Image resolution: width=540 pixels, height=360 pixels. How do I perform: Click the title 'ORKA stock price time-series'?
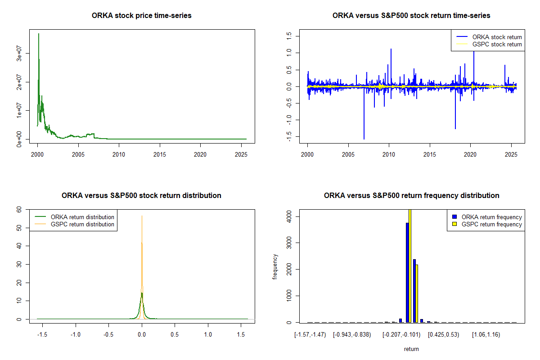tap(142, 16)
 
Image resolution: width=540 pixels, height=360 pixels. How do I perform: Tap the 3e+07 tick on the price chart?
tap(20, 53)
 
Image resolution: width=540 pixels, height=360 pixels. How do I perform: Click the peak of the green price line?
tap(39, 34)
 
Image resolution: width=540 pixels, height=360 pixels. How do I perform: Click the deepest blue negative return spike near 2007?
tap(364, 139)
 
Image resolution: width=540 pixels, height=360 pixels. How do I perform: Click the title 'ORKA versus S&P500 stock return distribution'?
tap(142, 196)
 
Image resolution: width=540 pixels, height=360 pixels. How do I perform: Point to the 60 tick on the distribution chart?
tap(20, 209)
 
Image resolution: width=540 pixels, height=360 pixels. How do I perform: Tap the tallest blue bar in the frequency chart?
tap(407, 272)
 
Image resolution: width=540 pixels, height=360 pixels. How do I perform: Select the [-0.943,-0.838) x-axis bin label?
tap(352, 335)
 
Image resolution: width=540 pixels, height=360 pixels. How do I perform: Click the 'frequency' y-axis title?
tap(275, 267)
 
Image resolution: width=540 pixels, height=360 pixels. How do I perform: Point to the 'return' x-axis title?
tap(411, 349)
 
